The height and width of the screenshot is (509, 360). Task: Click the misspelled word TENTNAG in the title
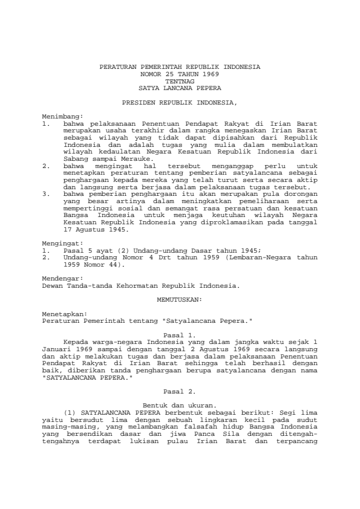coord(180,80)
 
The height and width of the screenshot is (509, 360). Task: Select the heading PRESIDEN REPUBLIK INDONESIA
coord(180,103)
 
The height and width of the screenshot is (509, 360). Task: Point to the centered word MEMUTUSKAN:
coord(180,298)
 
